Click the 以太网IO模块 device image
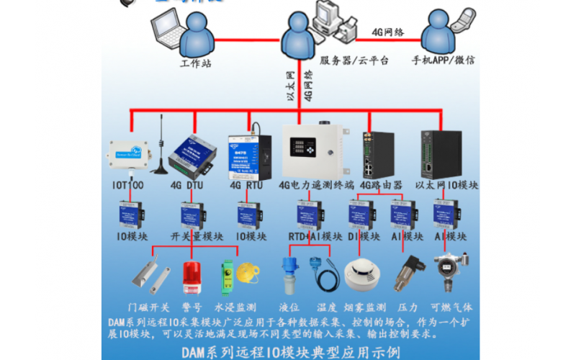coord(437,153)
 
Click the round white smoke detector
coord(360,274)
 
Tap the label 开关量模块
coord(197,236)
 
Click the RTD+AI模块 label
coord(315,236)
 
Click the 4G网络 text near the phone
coord(387,32)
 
